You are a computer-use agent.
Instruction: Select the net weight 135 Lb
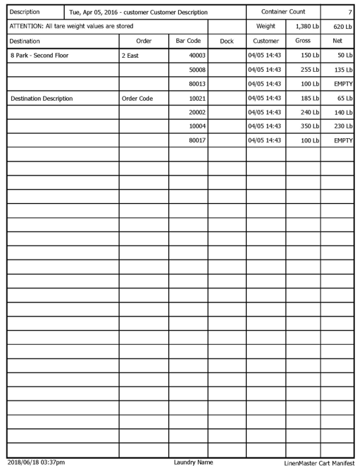[x=342, y=70]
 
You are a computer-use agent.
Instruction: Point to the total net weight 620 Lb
[x=341, y=27]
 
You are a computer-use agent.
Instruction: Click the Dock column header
[x=226, y=42]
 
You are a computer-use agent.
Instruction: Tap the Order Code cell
[x=137, y=98]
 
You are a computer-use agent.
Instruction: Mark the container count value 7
[x=350, y=13]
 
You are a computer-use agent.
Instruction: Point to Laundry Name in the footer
[x=194, y=462]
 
